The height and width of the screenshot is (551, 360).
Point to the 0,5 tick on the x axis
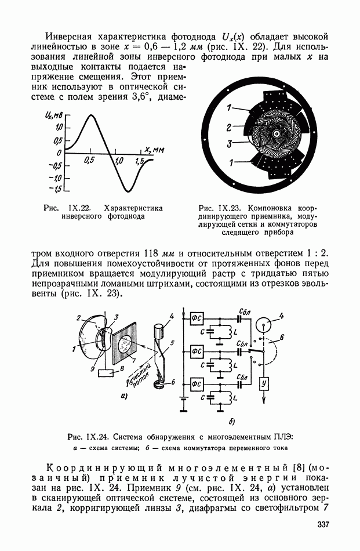click(x=90, y=159)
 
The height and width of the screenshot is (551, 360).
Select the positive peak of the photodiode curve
click(x=90, y=116)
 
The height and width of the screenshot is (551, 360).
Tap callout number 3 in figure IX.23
click(x=230, y=143)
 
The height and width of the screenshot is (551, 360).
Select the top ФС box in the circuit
click(x=197, y=317)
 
